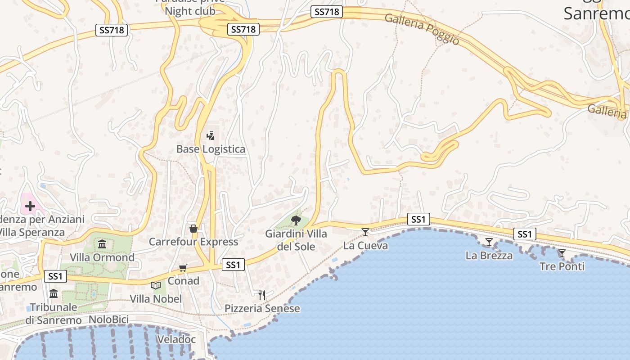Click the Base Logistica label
(x=211, y=149)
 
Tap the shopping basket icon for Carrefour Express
(x=193, y=229)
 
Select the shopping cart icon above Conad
(x=183, y=268)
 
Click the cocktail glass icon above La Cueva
(x=365, y=232)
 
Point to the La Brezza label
(x=489, y=256)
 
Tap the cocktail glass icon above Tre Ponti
(x=562, y=253)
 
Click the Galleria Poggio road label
(x=422, y=29)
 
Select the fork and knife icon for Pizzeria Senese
(x=262, y=295)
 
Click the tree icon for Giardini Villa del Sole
(x=296, y=220)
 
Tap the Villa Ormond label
(x=102, y=257)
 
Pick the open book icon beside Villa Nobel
(x=156, y=285)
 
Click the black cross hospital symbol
(x=30, y=206)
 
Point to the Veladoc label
(x=176, y=339)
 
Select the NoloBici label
(x=109, y=319)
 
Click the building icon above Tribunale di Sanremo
(x=54, y=294)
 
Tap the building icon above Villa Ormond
(x=102, y=244)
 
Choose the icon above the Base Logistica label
(x=210, y=135)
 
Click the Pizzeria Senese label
(x=262, y=308)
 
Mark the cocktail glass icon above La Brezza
(x=489, y=242)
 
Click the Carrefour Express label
(x=193, y=242)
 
